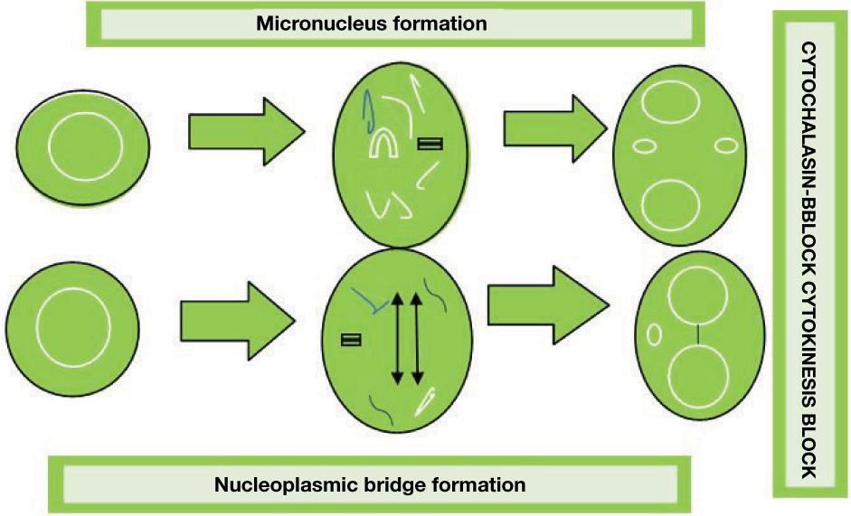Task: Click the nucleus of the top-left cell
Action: (83, 145)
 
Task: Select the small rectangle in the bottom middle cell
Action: (352, 341)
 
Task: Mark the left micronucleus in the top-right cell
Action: (645, 145)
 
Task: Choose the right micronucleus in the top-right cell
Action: (725, 144)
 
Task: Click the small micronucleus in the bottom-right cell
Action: (653, 334)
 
